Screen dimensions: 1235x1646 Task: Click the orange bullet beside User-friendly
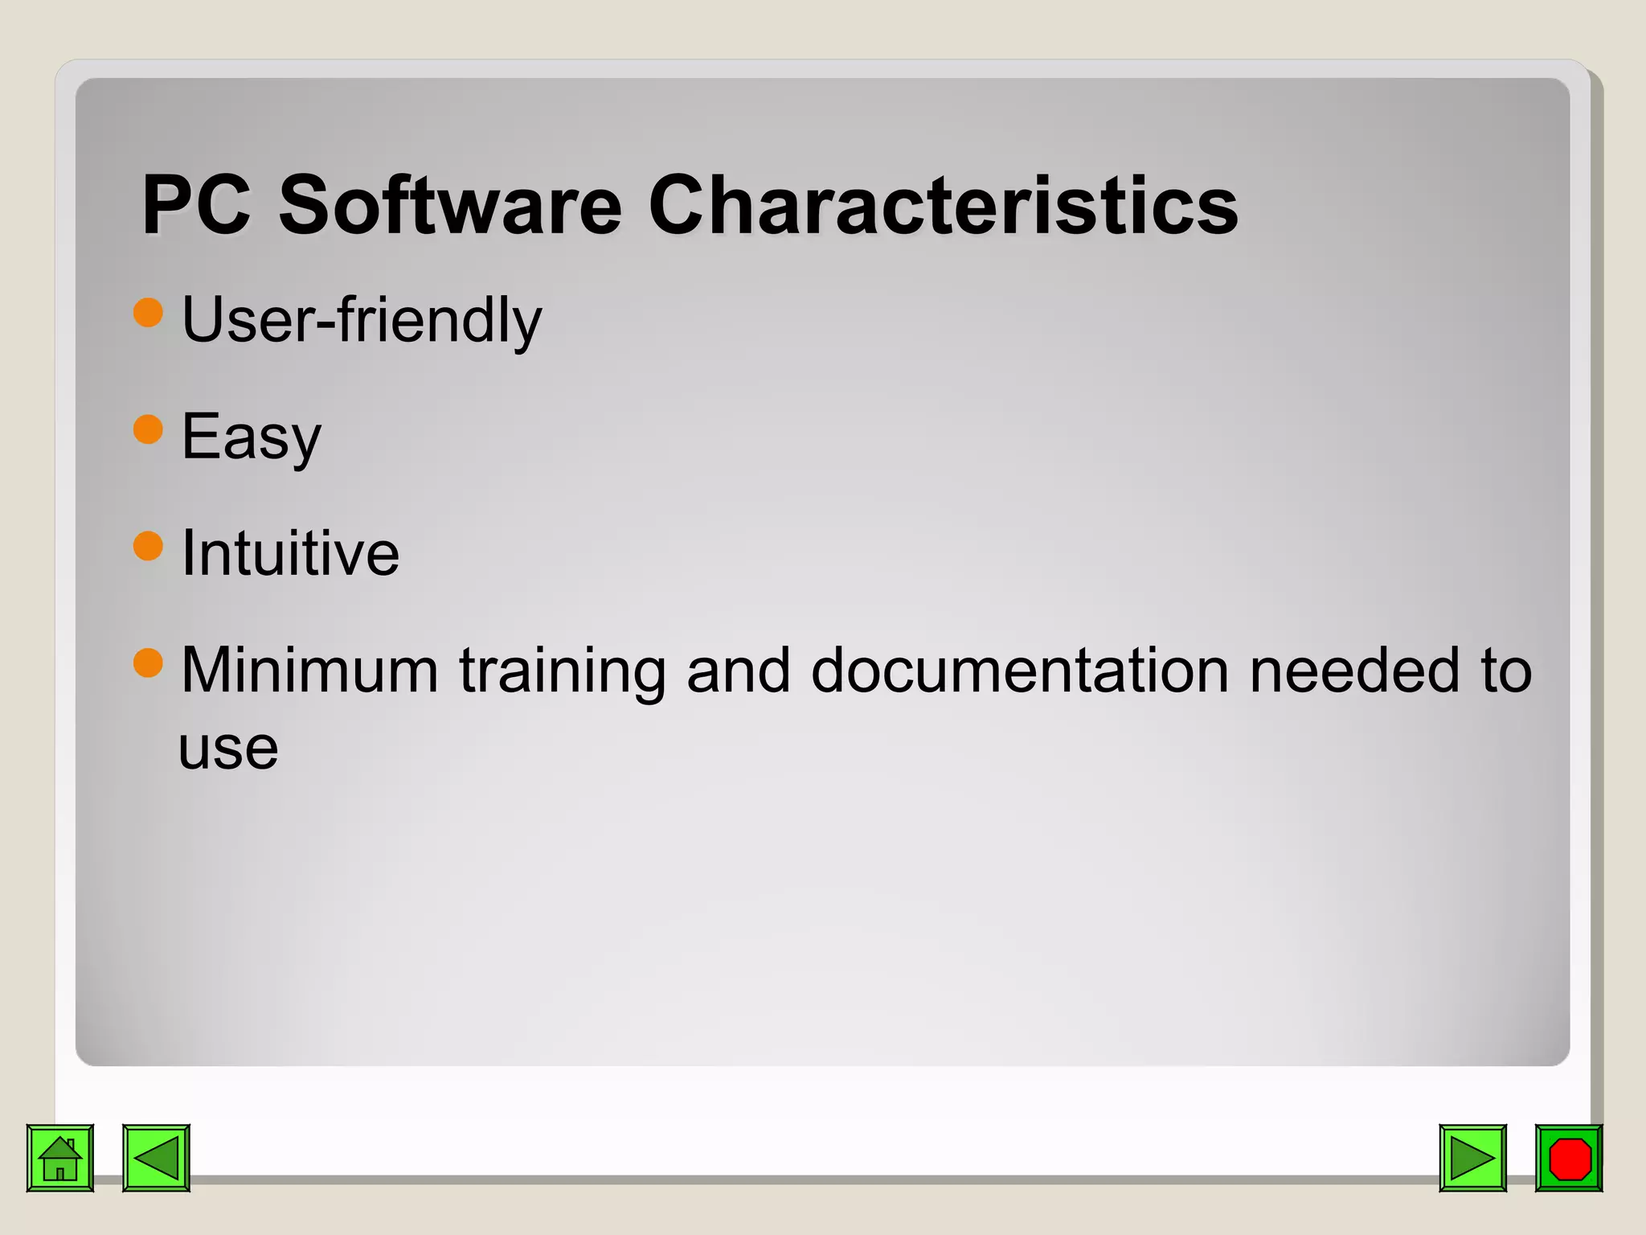click(x=148, y=312)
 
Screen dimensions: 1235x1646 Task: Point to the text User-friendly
click(x=362, y=320)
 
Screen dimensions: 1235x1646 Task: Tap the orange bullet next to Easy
click(x=148, y=429)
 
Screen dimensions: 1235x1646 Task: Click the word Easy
click(x=251, y=437)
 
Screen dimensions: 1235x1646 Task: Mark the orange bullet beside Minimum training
click(x=148, y=663)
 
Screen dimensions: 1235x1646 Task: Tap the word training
click(x=562, y=671)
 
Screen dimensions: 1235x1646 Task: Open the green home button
click(x=60, y=1158)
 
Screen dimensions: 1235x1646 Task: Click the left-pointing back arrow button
click(x=156, y=1158)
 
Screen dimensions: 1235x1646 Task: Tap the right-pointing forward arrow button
click(x=1472, y=1158)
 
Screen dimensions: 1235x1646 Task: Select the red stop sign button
click(x=1569, y=1158)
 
